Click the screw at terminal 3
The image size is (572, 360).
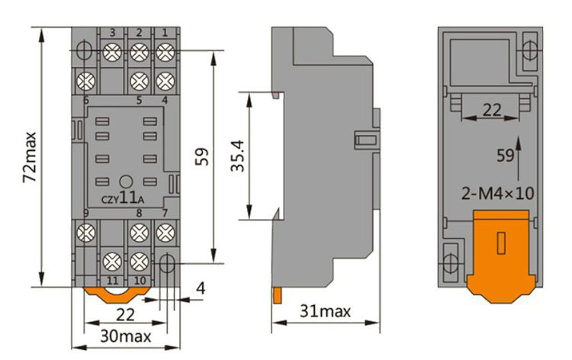tap(113, 52)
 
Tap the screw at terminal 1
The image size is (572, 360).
tap(163, 52)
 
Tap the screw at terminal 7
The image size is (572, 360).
tap(163, 232)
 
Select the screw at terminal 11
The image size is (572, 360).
tap(113, 262)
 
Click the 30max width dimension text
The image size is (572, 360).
tap(126, 336)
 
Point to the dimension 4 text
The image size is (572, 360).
tap(200, 288)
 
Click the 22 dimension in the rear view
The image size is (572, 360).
tap(493, 110)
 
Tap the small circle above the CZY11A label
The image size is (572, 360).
tap(124, 182)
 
